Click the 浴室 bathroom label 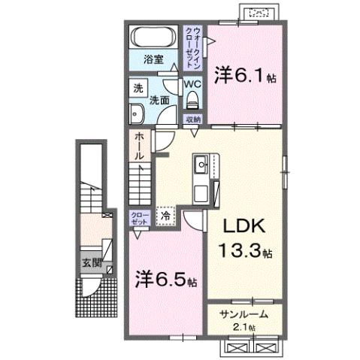pos(155,59)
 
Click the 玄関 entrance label pos(92,264)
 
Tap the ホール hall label pos(140,147)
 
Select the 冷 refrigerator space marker pos(165,215)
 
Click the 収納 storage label pos(193,119)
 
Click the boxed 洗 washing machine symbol pos(138,86)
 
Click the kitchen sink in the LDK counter pos(201,164)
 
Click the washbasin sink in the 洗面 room pos(138,114)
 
